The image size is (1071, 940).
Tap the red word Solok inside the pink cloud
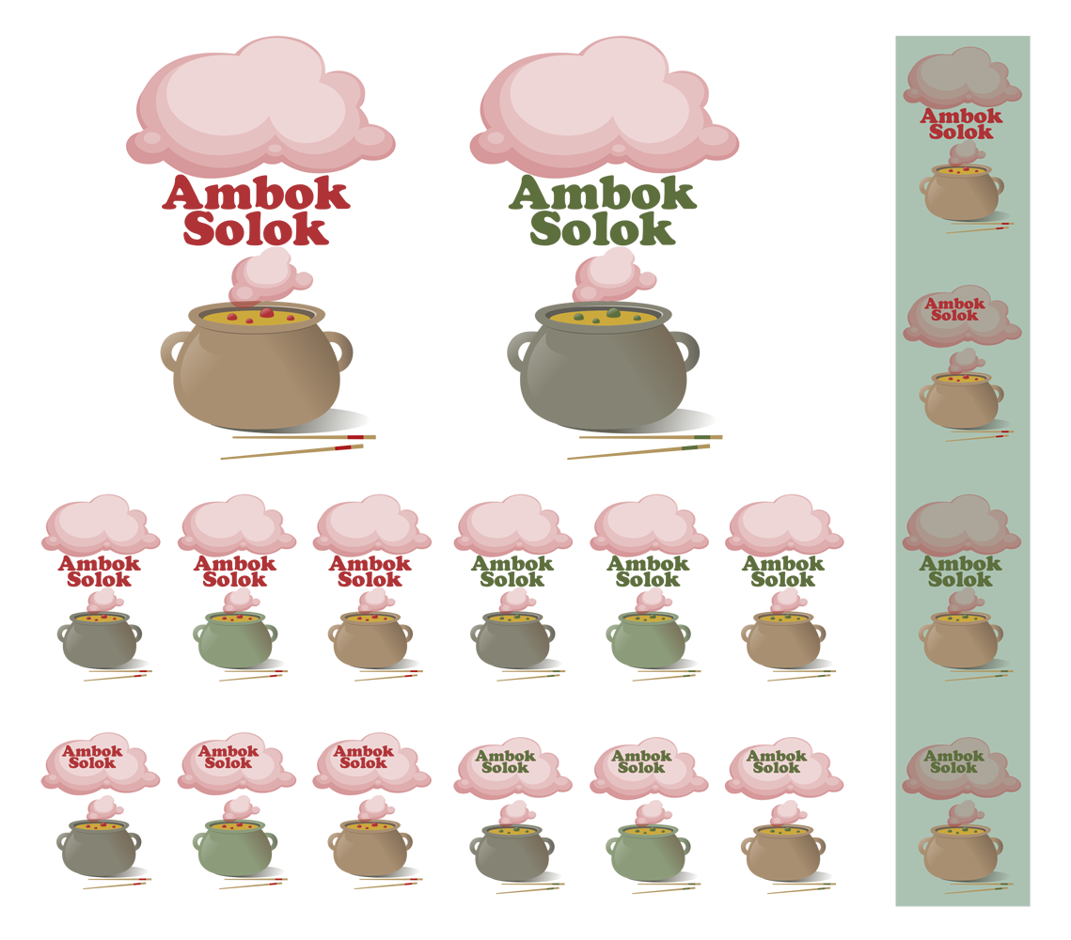954,316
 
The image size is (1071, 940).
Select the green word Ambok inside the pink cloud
953,756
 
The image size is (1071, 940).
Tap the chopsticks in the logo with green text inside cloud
978,886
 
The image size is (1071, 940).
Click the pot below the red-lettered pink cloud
960,400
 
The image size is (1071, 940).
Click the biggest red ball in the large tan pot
266,313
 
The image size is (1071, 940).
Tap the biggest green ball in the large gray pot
613,312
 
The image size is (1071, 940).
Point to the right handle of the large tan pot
344,348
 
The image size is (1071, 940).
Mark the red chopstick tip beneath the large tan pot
349,444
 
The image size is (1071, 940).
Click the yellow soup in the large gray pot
583,318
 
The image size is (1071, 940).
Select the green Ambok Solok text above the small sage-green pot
641,761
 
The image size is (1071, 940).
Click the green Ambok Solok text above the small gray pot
505,761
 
